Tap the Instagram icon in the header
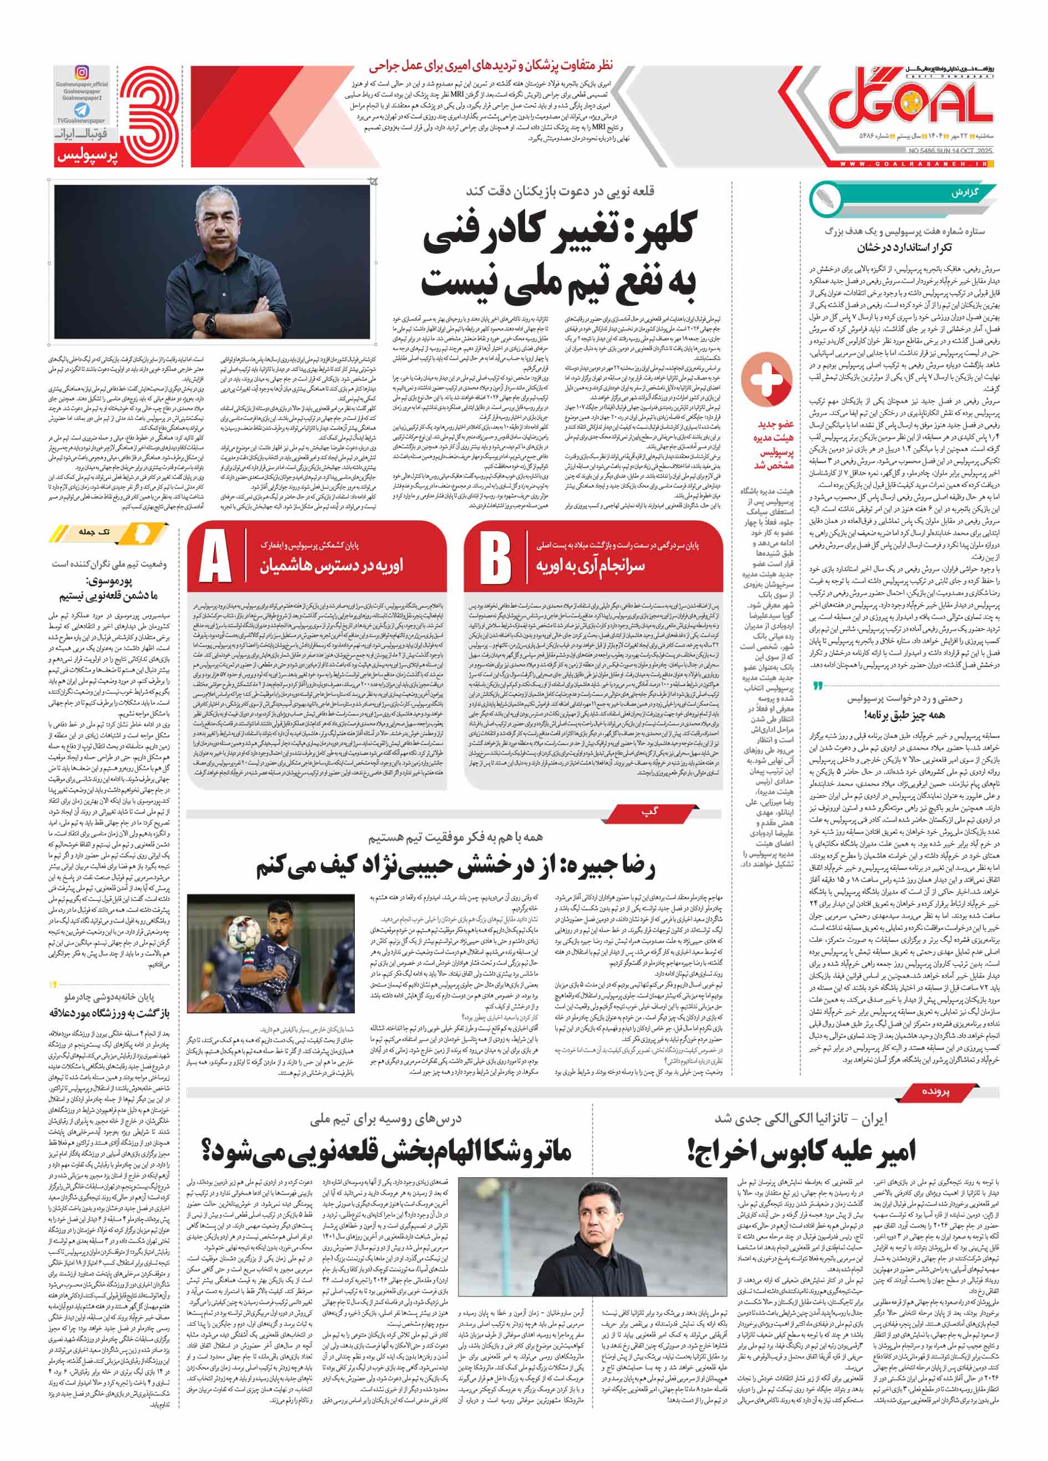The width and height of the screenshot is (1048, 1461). [x=82, y=73]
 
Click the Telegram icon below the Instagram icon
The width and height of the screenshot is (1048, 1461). [x=82, y=110]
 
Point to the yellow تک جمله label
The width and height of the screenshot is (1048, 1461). [x=95, y=532]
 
